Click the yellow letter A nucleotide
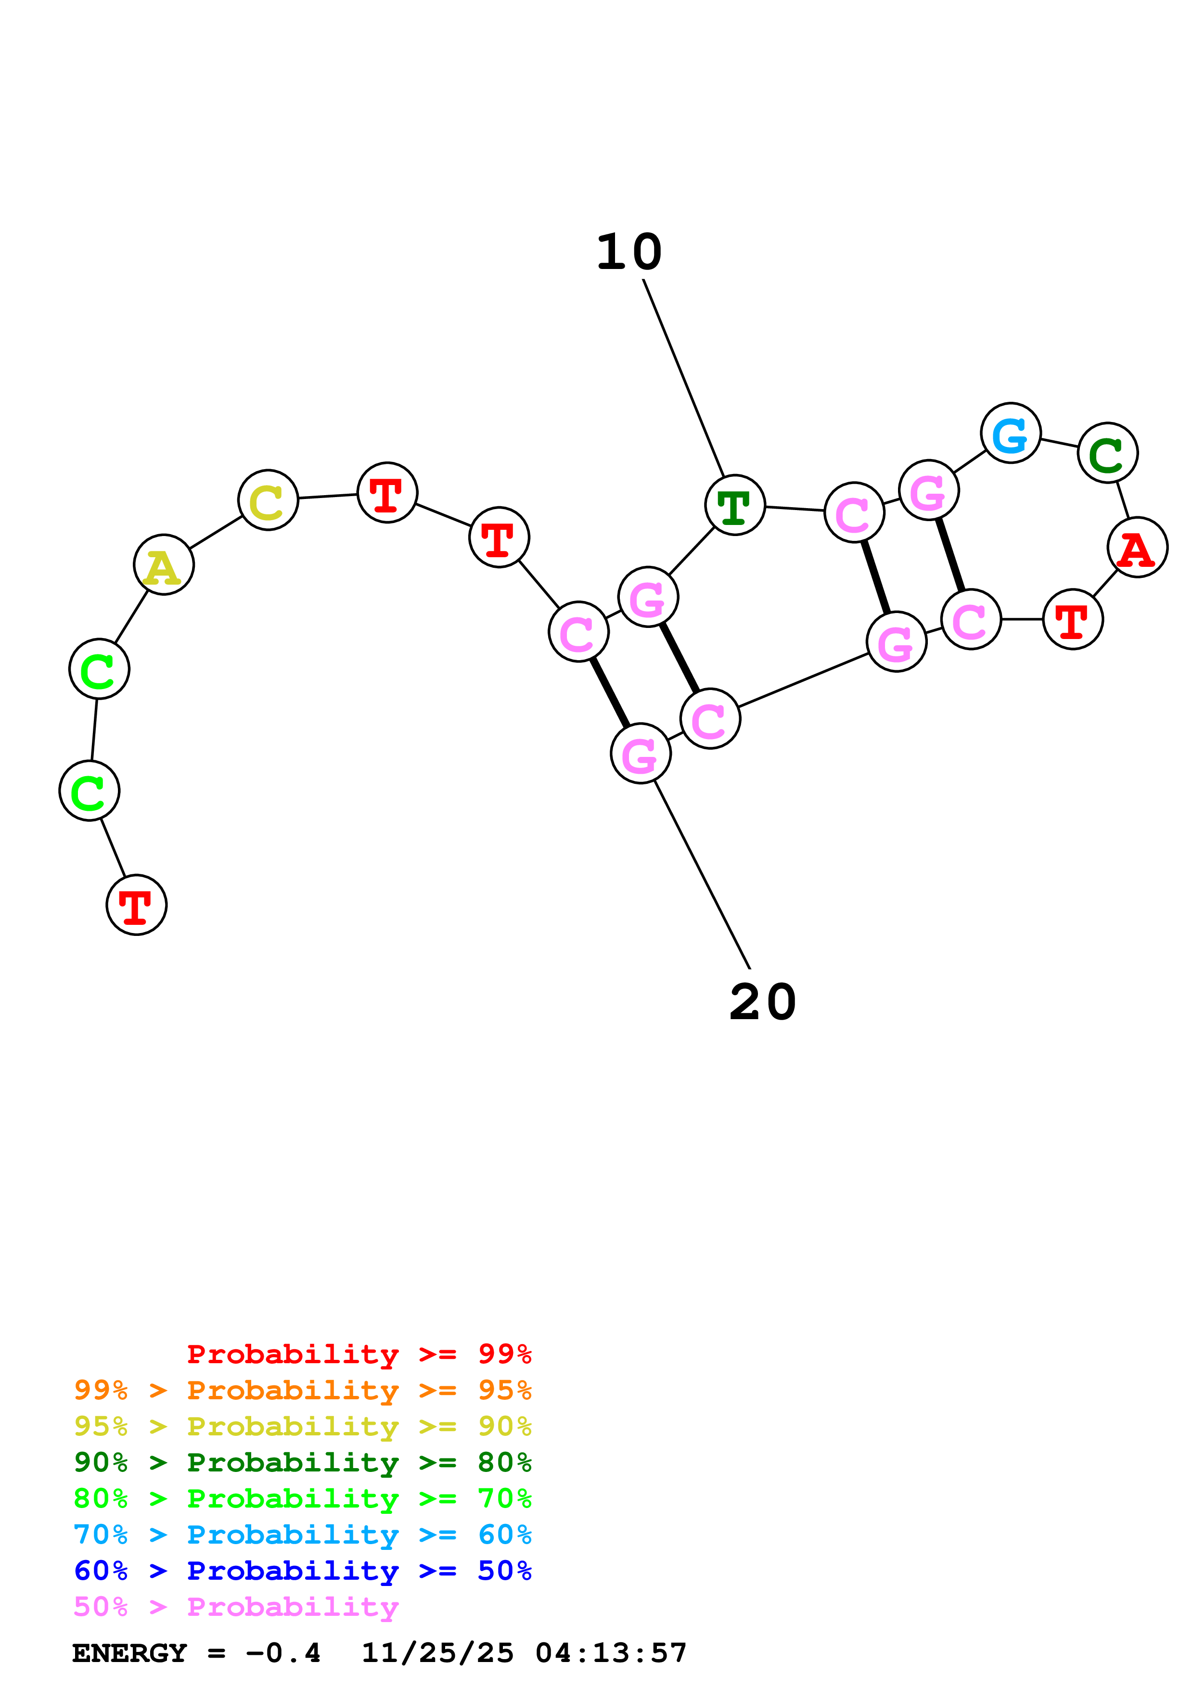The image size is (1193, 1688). [x=164, y=564]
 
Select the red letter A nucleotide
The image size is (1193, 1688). [x=1137, y=547]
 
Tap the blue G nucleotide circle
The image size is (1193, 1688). [x=1011, y=433]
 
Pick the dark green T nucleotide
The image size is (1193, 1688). [x=734, y=505]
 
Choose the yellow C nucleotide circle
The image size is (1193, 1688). [x=269, y=500]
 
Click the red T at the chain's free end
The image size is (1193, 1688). [x=137, y=905]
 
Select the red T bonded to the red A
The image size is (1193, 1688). [x=1073, y=619]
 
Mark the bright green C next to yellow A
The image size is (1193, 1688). [x=99, y=669]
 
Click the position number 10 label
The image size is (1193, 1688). [x=629, y=252]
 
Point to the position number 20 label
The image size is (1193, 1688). [x=762, y=1002]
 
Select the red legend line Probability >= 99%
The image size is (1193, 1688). [x=359, y=1354]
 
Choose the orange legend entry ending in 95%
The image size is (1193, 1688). [x=302, y=1390]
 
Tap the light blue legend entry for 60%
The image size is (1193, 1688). [x=302, y=1535]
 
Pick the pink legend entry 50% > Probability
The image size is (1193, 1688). [x=236, y=1606]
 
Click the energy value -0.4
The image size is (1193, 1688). [x=283, y=1653]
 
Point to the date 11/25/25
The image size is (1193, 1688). [x=437, y=1653]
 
